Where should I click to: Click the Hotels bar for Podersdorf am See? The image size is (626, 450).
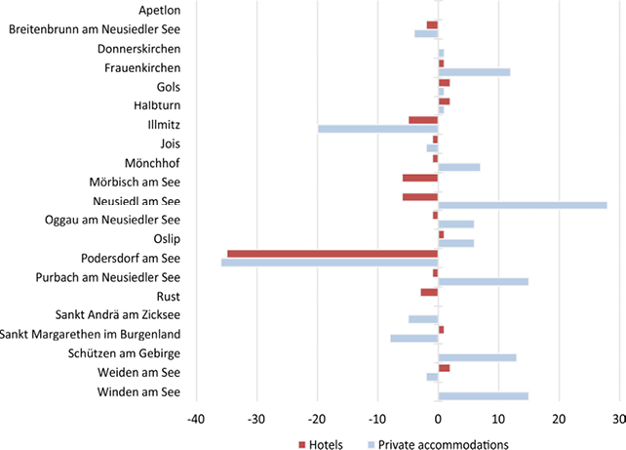[333, 254]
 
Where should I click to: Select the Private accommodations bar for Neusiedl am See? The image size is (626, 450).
[523, 205]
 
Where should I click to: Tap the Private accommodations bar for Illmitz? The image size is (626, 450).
[378, 129]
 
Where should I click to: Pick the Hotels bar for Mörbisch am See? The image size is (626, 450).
[420, 178]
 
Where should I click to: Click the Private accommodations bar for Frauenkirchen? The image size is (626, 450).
[474, 72]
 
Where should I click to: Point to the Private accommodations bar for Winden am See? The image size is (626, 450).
[484, 395]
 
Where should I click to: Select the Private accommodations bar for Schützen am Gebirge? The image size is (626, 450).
[478, 357]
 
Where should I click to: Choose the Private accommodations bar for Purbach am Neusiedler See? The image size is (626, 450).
[484, 281]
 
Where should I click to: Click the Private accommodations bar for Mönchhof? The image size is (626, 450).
[459, 167]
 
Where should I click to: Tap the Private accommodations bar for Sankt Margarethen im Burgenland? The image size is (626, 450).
[414, 339]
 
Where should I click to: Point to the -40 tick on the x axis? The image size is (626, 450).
[196, 419]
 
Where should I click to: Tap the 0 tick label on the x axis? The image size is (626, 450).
[439, 419]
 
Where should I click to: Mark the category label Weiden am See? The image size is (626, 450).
[139, 373]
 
